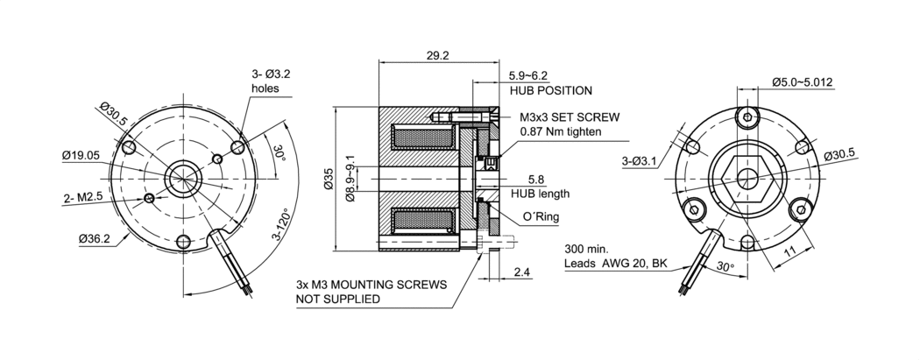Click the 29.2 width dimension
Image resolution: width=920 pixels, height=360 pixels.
[437, 55]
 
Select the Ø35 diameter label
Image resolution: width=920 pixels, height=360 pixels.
[329, 179]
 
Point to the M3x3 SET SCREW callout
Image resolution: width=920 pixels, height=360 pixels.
[570, 116]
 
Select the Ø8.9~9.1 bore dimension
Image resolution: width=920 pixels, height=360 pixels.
[350, 180]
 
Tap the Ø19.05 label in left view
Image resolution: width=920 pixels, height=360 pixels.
[81, 155]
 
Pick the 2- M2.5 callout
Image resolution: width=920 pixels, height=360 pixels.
[84, 198]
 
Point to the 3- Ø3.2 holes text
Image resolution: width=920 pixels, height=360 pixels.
[270, 81]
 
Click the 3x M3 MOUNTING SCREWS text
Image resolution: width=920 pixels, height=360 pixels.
[372, 286]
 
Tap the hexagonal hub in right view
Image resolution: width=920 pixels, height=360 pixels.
[747, 178]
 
